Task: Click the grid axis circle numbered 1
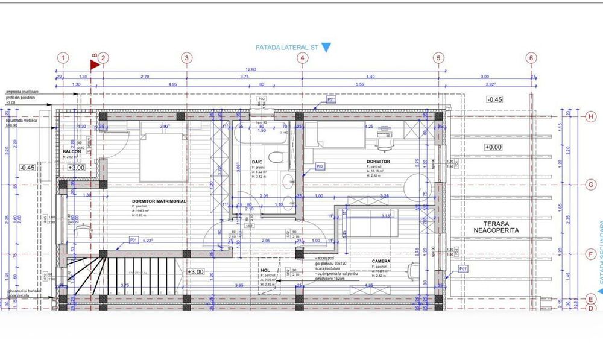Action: tap(64, 58)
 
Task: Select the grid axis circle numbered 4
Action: tap(303, 58)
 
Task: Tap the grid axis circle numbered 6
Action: tap(531, 58)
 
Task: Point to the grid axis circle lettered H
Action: tap(591, 116)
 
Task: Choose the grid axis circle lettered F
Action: tap(591, 254)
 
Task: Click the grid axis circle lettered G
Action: tap(591, 185)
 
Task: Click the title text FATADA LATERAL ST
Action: tap(286, 47)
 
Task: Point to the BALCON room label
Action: tap(72, 151)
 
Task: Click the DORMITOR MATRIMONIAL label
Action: tap(159, 201)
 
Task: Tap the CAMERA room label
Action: tap(381, 261)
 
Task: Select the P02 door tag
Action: tap(320, 166)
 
